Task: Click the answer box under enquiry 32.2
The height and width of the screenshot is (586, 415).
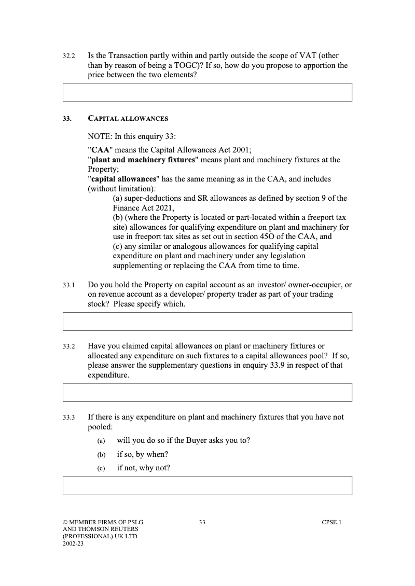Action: tap(207, 92)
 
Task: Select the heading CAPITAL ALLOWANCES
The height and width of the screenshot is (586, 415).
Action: tap(128, 119)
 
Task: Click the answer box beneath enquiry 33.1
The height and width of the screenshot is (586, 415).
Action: tap(207, 321)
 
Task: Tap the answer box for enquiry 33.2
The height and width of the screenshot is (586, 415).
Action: tap(207, 392)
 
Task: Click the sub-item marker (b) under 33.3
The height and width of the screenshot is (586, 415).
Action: tap(101, 455)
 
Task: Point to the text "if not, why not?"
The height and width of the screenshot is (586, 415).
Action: tap(144, 468)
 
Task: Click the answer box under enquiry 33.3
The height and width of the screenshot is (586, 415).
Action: tap(207, 485)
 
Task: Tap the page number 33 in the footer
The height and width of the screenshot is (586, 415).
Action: tap(202, 522)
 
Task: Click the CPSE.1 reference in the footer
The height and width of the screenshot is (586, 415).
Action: tap(331, 522)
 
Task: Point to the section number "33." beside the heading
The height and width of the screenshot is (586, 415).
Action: tap(67, 119)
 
